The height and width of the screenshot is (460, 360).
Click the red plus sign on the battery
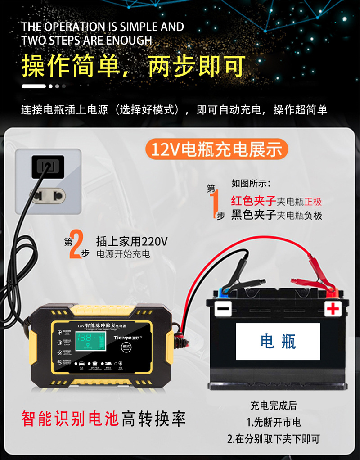coord(333,309)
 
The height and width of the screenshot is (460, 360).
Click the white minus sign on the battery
coord(223,309)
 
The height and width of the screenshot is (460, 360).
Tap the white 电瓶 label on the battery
coord(278,342)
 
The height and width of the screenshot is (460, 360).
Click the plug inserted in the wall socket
coord(48,167)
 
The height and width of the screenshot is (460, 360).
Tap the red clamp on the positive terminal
coord(315,284)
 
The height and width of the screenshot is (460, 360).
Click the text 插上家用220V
coord(131,241)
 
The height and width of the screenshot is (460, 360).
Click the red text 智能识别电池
coord(70,419)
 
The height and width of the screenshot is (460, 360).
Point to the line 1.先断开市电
coord(274,422)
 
